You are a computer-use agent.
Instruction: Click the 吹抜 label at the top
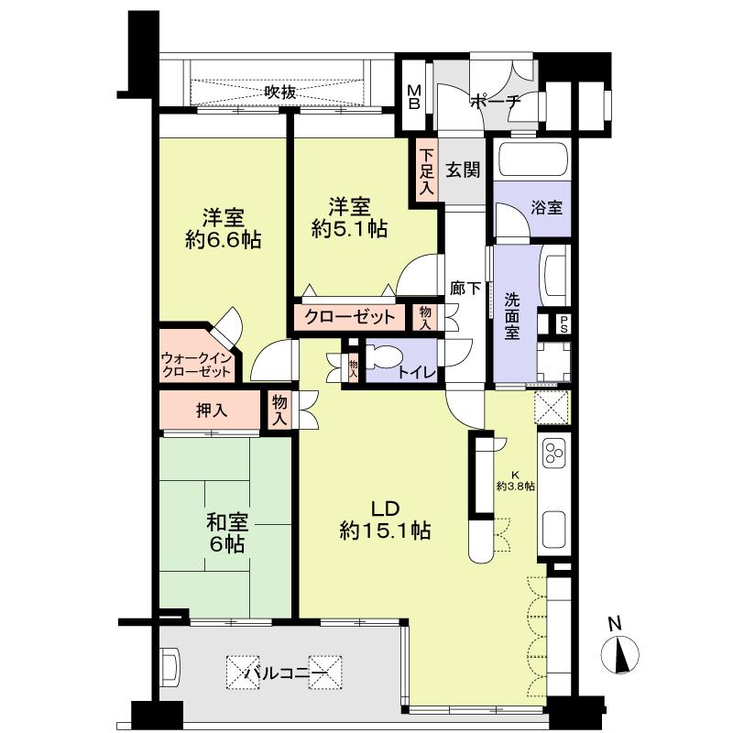tap(280, 92)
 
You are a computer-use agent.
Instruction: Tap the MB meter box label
tap(414, 96)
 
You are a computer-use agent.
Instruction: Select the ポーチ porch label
tap(495, 102)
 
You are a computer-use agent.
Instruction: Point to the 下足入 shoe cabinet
tap(427, 171)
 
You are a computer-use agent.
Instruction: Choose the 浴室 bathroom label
tap(547, 207)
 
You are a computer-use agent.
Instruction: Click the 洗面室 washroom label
tap(512, 315)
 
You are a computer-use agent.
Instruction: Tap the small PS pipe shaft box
tap(563, 323)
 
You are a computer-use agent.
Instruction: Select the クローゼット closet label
tap(350, 317)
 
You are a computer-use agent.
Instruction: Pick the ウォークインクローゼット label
tap(195, 365)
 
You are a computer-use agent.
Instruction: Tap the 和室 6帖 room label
tap(224, 532)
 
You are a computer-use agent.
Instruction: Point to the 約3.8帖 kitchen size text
tap(516, 485)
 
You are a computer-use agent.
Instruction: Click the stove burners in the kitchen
tap(555, 452)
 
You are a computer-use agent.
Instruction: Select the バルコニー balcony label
tap(285, 676)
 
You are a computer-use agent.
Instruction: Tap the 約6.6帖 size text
tap(224, 241)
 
